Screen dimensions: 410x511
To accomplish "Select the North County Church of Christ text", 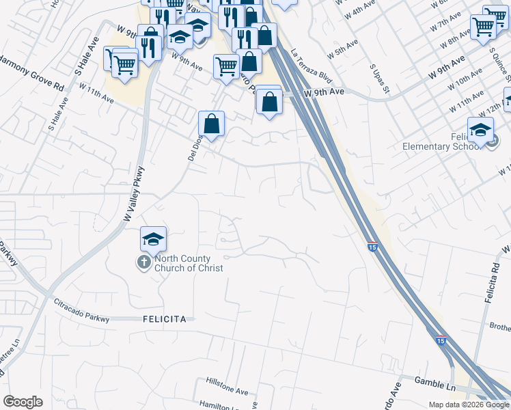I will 189,263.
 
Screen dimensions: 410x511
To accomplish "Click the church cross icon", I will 143,262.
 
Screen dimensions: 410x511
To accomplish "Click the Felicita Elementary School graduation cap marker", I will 480,130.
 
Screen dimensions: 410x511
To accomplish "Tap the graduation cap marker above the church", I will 154,239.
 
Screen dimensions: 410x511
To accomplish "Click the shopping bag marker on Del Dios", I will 212,124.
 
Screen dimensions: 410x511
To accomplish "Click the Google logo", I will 23,402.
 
